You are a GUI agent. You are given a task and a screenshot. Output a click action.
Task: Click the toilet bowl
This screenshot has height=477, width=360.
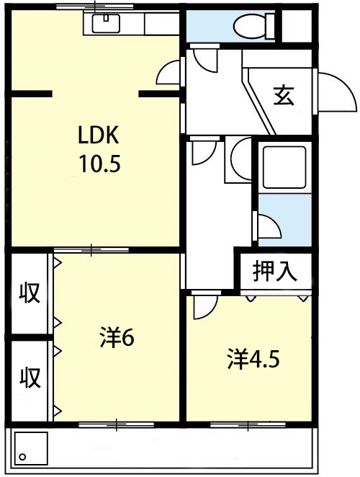coord(248,27)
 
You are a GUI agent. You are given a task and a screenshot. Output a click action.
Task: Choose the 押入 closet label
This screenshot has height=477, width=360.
coord(275,271)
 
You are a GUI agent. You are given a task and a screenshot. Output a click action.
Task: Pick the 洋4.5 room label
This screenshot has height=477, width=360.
coord(253,357)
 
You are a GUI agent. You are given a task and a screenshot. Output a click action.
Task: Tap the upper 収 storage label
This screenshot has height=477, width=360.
coord(28,294)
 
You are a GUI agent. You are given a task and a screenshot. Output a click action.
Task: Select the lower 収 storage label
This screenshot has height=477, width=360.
coord(28,376)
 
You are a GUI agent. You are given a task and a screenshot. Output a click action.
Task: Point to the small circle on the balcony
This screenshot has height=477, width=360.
coord(22,457)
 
